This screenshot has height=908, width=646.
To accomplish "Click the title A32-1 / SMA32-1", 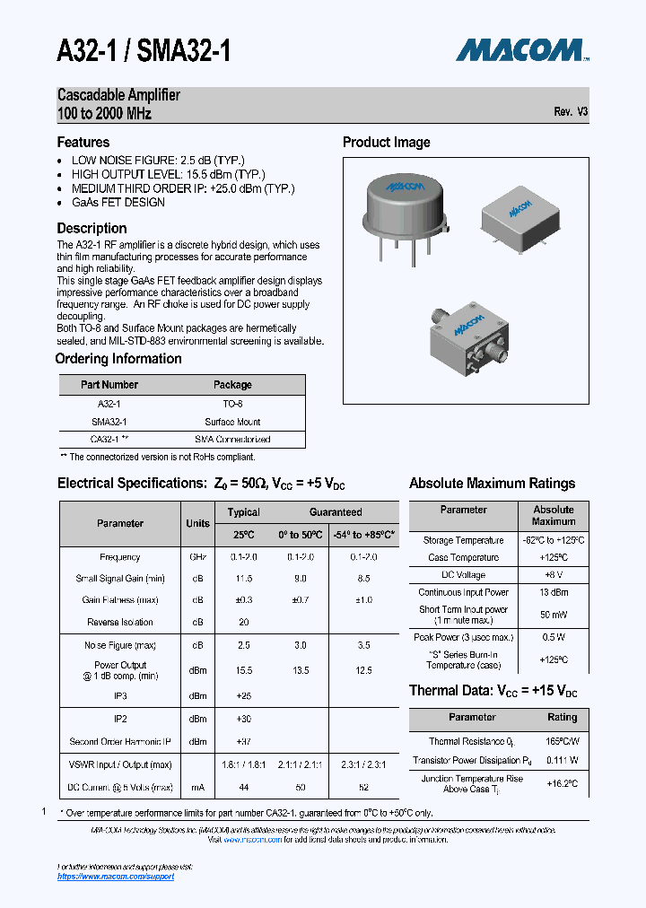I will pos(144,50).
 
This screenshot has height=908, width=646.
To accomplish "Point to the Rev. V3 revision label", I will pos(571,112).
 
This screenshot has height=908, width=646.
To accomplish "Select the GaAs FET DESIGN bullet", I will pos(118,203).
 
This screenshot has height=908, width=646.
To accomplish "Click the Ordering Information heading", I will pos(118,359).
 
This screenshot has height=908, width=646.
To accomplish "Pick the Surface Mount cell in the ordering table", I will pos(232,422).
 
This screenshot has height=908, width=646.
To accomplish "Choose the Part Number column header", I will pos(109,385).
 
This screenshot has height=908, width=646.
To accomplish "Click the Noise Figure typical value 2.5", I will pos(243,645).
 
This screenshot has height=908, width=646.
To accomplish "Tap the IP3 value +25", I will pos(243,695).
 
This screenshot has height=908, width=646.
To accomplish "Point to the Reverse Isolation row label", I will pos(120,622).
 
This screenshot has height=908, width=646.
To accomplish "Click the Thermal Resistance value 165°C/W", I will pos(562,742).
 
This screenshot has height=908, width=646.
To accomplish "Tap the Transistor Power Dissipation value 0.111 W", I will pos(562,760).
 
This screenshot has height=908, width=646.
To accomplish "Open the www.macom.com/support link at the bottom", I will pos(116,876).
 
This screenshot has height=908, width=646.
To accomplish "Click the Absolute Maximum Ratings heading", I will pos(492,484).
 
